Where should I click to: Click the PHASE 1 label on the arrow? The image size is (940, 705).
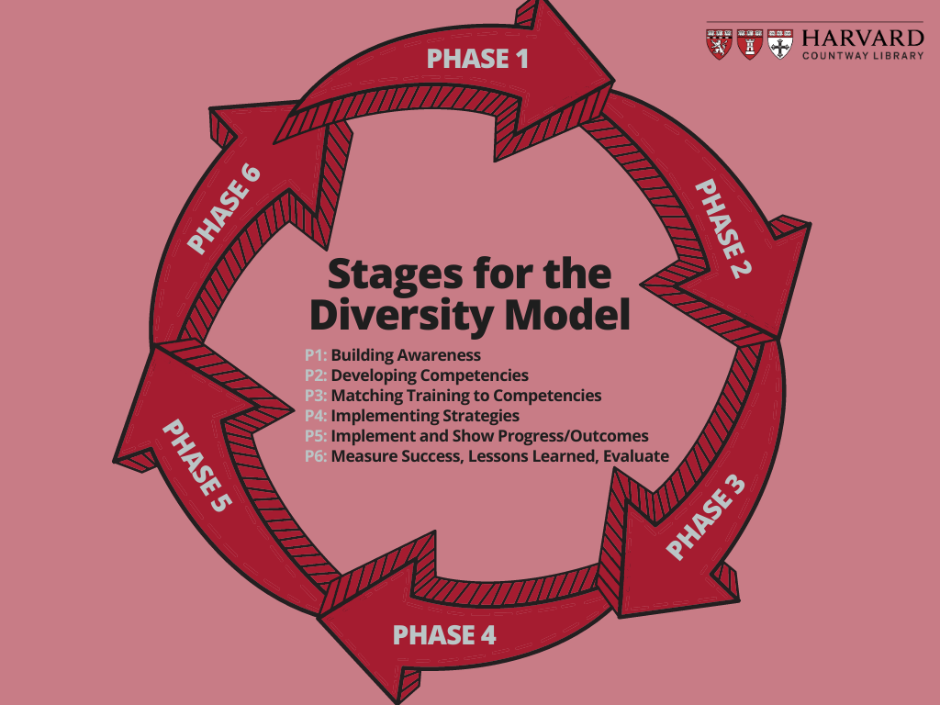477,59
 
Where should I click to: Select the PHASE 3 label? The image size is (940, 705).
706,517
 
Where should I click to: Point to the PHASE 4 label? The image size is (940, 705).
444,635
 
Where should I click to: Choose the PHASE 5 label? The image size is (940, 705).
196,465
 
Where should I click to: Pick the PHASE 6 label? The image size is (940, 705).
224,208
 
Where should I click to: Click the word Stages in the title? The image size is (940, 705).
396,274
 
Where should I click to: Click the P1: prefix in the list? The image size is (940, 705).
316,355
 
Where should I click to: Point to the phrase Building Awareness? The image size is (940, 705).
406,355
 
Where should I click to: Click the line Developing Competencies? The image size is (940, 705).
430,375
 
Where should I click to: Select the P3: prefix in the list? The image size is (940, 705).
316,396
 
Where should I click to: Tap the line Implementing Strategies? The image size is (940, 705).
425,416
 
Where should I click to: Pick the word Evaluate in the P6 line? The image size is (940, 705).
636,456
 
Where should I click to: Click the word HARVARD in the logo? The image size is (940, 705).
863,39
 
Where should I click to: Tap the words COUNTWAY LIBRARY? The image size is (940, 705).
863,56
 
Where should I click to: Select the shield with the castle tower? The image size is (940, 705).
749,44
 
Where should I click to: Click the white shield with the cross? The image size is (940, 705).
780,44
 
